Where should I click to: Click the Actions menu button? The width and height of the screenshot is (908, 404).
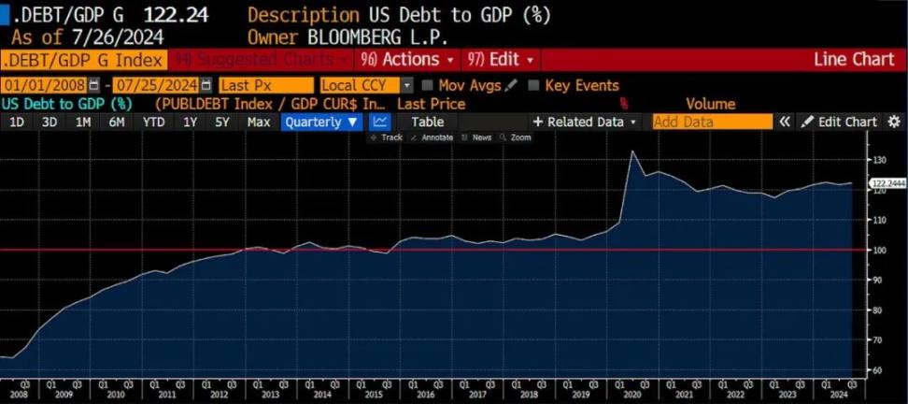click(x=410, y=60)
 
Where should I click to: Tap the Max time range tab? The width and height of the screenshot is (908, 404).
click(x=259, y=122)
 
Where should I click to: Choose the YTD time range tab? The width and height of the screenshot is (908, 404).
click(x=154, y=122)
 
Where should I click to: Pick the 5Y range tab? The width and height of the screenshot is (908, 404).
click(x=222, y=122)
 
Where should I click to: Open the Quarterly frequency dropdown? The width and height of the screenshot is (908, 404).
click(x=321, y=122)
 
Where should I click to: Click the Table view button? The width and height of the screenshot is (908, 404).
click(x=428, y=122)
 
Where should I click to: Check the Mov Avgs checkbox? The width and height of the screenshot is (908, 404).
click(x=428, y=85)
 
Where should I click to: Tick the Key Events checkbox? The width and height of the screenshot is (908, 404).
click(x=533, y=85)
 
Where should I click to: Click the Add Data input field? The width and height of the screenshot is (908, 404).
click(x=713, y=122)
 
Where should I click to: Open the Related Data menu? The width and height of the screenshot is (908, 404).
click(x=585, y=122)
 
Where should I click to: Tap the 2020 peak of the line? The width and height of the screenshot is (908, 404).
click(x=632, y=151)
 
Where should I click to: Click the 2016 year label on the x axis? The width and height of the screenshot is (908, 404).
click(x=425, y=394)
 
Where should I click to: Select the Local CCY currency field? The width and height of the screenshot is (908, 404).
click(x=360, y=85)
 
